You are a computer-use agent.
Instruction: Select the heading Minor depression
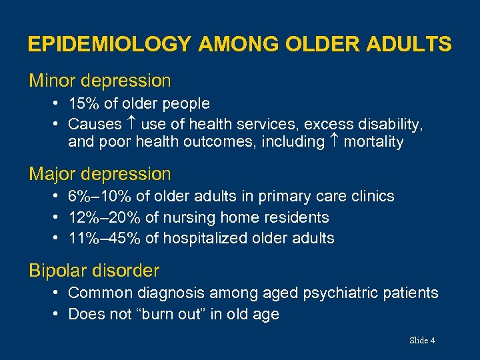pos(100,81)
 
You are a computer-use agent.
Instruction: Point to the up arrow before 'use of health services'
pos(131,124)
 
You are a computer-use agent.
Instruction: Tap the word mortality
pos(373,142)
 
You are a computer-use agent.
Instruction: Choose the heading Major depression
pos(100,175)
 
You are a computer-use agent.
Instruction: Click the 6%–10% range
pos(97,197)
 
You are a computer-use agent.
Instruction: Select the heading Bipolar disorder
pos(94,271)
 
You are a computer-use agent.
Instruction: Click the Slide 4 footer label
pos(422,341)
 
